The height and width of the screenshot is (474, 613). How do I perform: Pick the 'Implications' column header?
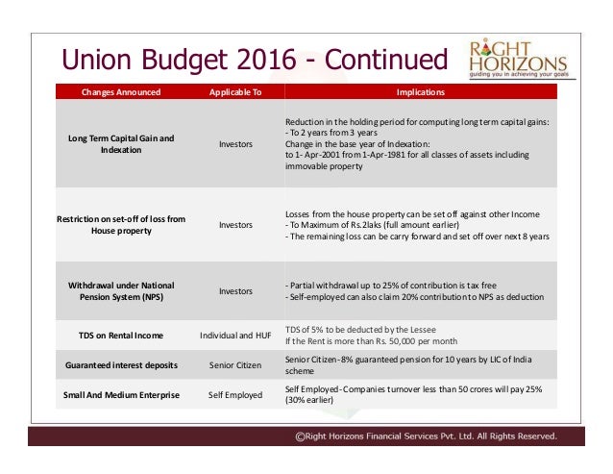[421, 93]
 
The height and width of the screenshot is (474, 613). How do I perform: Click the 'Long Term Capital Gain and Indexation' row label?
[121, 144]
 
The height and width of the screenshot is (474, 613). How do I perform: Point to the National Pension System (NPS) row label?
[121, 291]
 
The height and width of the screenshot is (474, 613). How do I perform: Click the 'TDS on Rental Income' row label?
[121, 336]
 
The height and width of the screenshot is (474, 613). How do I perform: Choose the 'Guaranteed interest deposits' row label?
[121, 366]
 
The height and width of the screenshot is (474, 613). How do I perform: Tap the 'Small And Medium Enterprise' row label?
[121, 395]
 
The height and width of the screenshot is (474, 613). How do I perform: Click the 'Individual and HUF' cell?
[235, 336]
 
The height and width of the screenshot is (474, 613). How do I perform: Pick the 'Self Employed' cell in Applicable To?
[235, 395]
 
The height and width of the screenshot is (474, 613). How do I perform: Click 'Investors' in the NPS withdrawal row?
[235, 291]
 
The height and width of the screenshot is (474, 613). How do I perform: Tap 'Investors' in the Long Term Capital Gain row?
[235, 144]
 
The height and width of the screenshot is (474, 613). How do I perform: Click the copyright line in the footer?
[426, 436]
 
